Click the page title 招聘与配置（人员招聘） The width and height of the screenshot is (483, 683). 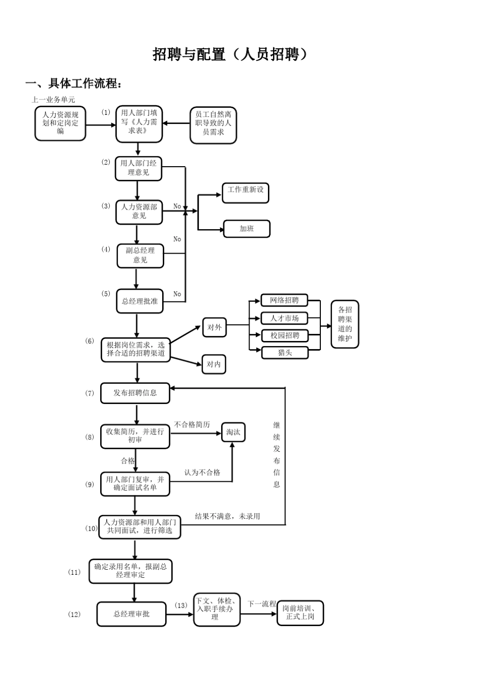[231, 54]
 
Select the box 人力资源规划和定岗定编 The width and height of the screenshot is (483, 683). [60, 123]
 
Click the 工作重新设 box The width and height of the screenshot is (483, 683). [246, 193]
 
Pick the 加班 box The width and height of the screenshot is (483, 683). [247, 229]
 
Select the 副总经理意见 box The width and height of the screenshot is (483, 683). [140, 255]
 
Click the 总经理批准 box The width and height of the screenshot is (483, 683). [140, 301]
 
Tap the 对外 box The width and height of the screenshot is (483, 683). [214, 327]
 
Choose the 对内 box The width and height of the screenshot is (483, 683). [214, 364]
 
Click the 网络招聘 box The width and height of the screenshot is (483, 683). [285, 300]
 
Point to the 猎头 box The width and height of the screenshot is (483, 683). [285, 353]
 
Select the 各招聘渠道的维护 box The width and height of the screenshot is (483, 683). [345, 324]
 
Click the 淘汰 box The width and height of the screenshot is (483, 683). [233, 432]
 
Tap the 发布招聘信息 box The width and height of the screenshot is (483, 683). [135, 393]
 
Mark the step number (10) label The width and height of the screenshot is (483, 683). [92, 529]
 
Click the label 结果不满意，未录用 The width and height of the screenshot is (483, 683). [227, 516]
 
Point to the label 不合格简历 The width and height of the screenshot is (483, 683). [192, 424]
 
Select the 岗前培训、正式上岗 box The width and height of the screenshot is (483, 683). [300, 613]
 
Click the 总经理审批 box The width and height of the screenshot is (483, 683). [132, 614]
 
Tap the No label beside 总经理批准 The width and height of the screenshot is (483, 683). [177, 294]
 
